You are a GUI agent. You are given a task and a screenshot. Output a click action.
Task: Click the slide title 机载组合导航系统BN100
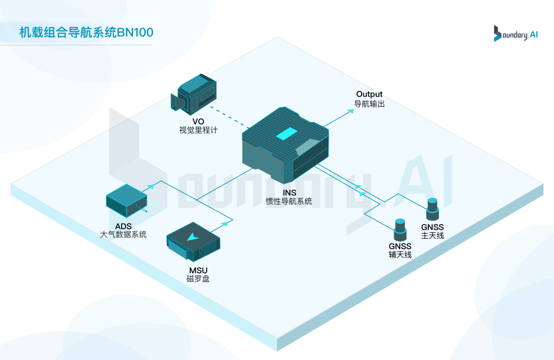pyautogui.click(x=86, y=33)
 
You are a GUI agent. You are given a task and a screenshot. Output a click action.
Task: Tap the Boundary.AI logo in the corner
pyautogui.click(x=516, y=33)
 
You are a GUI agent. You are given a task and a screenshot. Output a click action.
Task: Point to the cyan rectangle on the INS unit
pyautogui.click(x=287, y=134)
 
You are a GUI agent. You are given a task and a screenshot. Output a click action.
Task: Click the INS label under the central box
pyautogui.click(x=289, y=193)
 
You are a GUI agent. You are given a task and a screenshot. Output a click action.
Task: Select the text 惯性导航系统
pyautogui.click(x=289, y=202)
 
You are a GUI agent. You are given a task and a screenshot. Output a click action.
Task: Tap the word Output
pyautogui.click(x=369, y=94)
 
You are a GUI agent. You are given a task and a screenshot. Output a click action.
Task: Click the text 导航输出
pyautogui.click(x=369, y=104)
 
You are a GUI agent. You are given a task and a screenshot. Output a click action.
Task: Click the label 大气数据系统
pyautogui.click(x=123, y=234)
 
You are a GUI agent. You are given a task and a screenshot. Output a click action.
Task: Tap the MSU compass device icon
pyautogui.click(x=193, y=242)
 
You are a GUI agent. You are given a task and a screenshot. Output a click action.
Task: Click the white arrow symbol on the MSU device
pyautogui.click(x=193, y=236)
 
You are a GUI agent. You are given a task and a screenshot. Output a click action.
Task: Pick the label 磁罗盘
pyautogui.click(x=198, y=279)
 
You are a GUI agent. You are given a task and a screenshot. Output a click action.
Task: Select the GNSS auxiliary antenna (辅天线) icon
pyautogui.click(x=400, y=229)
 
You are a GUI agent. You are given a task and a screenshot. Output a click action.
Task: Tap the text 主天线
pyautogui.click(x=432, y=236)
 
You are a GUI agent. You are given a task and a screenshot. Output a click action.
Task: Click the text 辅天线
pyautogui.click(x=400, y=255)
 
